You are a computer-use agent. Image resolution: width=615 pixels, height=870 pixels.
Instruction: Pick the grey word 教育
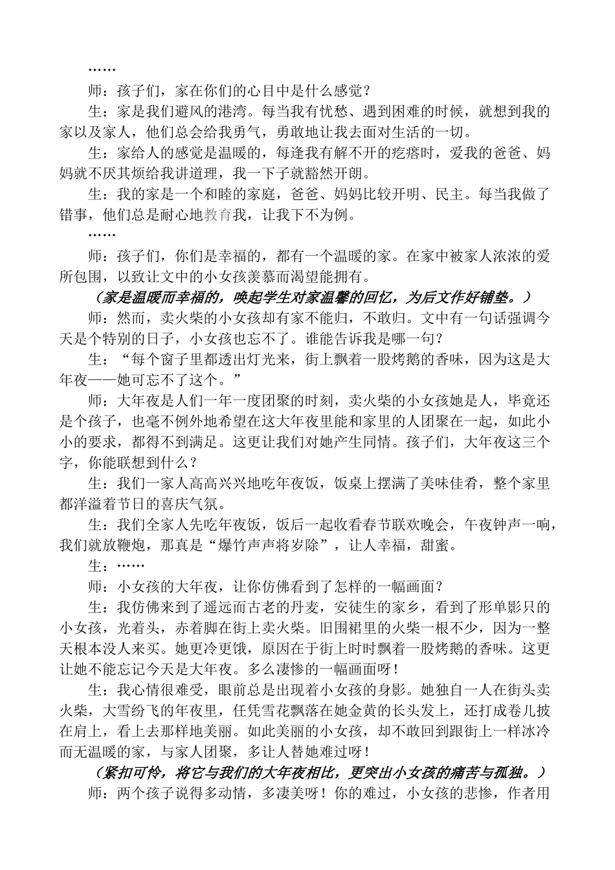tap(218, 216)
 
